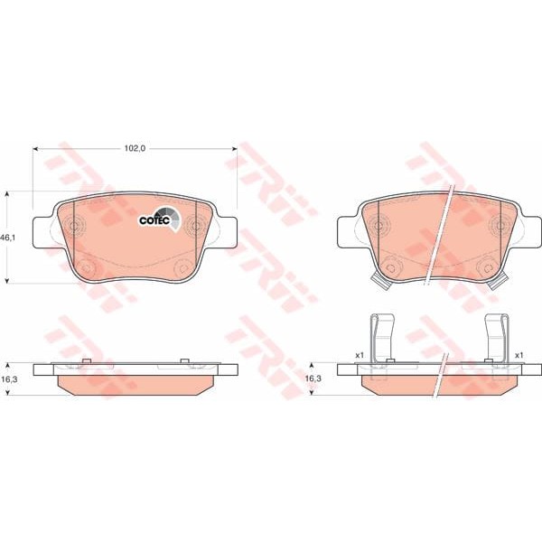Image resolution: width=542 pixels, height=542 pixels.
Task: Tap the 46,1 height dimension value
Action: (x=8, y=238)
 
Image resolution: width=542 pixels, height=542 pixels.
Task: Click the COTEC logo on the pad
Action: (x=156, y=220)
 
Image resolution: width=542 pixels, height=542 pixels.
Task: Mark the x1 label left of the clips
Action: (x=359, y=355)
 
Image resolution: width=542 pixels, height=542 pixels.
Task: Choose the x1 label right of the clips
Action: (x=519, y=355)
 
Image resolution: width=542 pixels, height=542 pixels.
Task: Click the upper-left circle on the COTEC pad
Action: (x=74, y=227)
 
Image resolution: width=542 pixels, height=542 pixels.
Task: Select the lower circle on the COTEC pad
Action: (x=86, y=267)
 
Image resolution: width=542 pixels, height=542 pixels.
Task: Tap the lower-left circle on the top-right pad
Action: (x=387, y=267)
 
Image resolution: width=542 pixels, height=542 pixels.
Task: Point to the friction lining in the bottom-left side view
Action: (x=136, y=385)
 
